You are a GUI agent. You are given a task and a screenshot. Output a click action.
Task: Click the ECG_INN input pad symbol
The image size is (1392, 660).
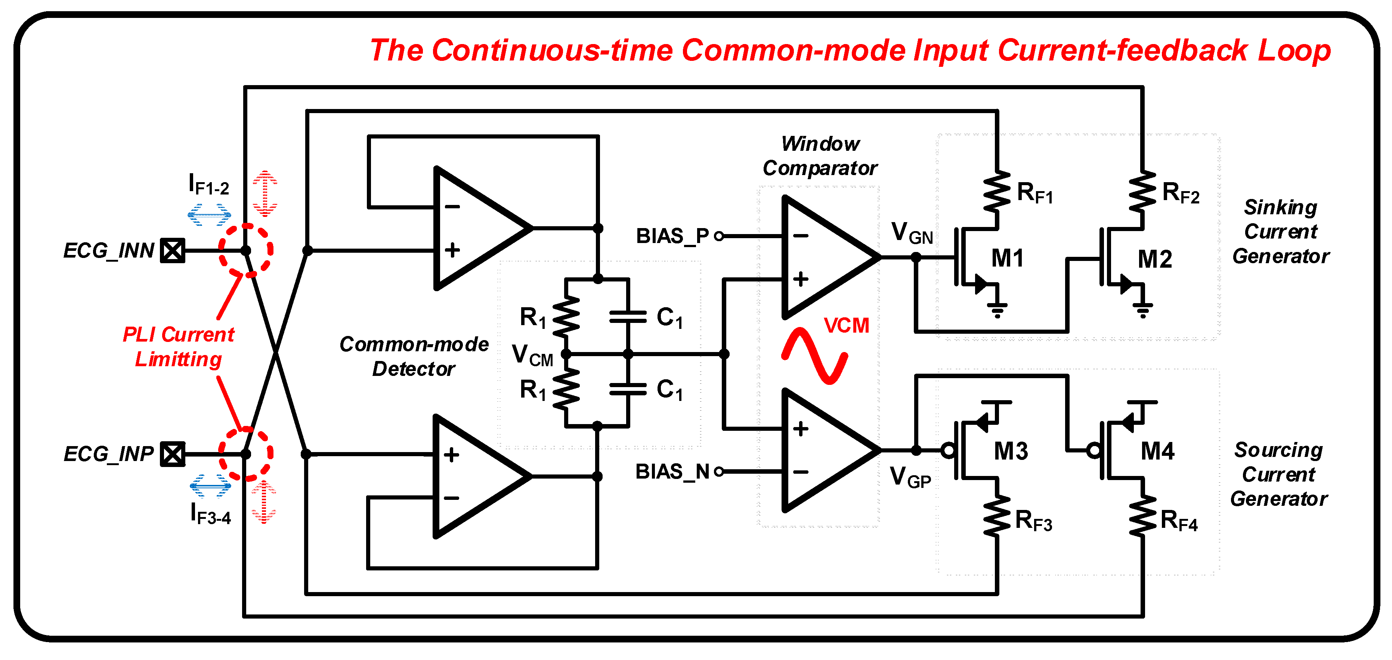click(x=172, y=250)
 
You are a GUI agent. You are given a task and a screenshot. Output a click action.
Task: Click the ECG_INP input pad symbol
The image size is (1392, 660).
click(x=172, y=454)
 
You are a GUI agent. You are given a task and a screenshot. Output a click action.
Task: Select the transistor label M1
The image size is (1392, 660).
click(x=1007, y=258)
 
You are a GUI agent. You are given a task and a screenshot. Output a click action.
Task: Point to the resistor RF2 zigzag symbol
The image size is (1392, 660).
click(x=1142, y=192)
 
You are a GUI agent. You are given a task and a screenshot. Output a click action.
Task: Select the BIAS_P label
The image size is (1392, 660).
click(x=672, y=236)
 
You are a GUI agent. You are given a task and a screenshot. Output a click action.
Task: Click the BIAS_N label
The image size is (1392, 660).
click(x=672, y=471)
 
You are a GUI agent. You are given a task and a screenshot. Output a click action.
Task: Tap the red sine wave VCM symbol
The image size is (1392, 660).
click(x=814, y=355)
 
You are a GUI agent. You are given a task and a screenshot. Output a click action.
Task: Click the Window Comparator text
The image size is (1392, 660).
click(x=820, y=156)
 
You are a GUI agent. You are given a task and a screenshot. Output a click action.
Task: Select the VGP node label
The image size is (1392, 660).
click(x=910, y=477)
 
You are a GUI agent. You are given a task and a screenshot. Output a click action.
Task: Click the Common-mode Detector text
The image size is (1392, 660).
click(x=414, y=357)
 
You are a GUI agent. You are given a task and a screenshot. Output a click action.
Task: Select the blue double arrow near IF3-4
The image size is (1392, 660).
click(x=210, y=486)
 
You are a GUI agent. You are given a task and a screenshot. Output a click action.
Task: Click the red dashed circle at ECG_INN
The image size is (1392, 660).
click(x=246, y=250)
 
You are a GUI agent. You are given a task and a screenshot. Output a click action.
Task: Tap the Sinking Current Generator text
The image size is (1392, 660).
click(x=1280, y=232)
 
